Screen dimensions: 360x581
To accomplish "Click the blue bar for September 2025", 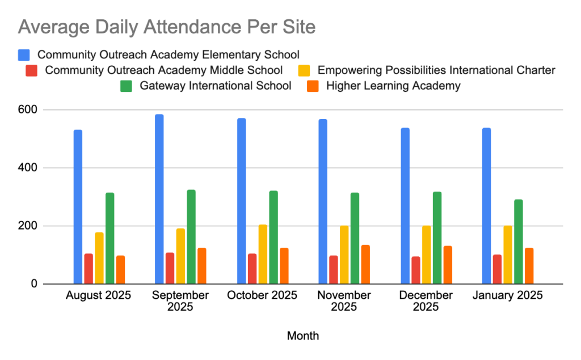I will coord(159,199).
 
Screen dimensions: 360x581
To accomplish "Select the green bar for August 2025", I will coord(110,238).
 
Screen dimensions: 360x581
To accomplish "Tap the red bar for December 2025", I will coord(416,270).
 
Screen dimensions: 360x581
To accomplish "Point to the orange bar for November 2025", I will coord(365,264).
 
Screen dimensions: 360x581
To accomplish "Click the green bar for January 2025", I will coord(519,242).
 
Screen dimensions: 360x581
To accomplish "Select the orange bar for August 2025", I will coord(120,269).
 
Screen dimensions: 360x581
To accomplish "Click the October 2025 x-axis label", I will coord(262,295).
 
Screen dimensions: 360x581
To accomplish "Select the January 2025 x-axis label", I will coord(507,295).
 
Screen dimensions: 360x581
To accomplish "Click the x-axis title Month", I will coord(303,336).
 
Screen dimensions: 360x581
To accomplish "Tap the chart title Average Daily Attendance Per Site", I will coord(167,27).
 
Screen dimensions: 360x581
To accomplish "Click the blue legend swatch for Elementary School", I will coord(24,55).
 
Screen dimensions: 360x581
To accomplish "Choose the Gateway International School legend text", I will coord(216,86).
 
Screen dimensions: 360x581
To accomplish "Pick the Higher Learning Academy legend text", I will coord(393,86).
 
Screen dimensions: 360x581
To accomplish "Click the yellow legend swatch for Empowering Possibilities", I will coord(305,71).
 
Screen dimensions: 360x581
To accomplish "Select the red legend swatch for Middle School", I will coord(32,71).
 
